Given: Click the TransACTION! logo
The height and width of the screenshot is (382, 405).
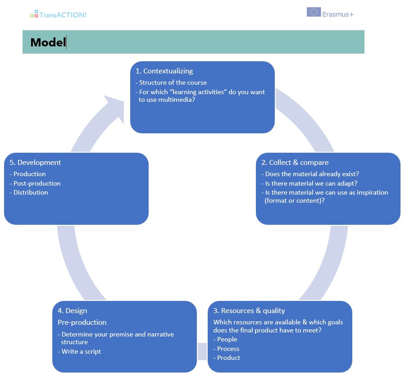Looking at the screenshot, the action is point(58,14).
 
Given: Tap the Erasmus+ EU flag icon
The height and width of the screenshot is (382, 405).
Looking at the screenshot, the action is point(314,12).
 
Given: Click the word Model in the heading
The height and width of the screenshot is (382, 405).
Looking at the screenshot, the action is point(48,42).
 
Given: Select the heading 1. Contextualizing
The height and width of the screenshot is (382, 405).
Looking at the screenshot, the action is point(164,71).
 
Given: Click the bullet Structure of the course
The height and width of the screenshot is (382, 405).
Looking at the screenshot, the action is point(171,82).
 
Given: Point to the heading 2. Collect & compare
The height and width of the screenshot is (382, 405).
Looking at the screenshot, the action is point(295,163).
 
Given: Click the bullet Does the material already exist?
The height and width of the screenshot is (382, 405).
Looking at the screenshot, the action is point(310,174).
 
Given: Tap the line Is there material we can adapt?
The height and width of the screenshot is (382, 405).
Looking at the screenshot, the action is point(309,183).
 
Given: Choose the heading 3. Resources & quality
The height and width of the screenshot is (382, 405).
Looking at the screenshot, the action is point(249,311).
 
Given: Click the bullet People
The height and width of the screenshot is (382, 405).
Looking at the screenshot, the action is point(225,339).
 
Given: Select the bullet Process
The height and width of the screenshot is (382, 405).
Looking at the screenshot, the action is point(226,349).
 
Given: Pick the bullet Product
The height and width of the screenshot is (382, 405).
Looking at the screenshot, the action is point(227,358).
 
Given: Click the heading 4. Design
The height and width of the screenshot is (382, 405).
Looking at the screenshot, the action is point(73,311).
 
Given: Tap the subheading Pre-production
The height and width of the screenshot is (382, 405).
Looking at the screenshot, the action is point(82,323).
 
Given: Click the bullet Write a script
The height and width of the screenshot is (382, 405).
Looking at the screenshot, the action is point(79,351).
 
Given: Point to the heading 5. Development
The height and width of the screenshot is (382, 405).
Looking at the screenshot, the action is point(35,163).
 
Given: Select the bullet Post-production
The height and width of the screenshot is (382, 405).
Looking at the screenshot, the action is point(35,183).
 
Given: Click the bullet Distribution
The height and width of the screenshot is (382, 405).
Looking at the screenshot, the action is point(29,192).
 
